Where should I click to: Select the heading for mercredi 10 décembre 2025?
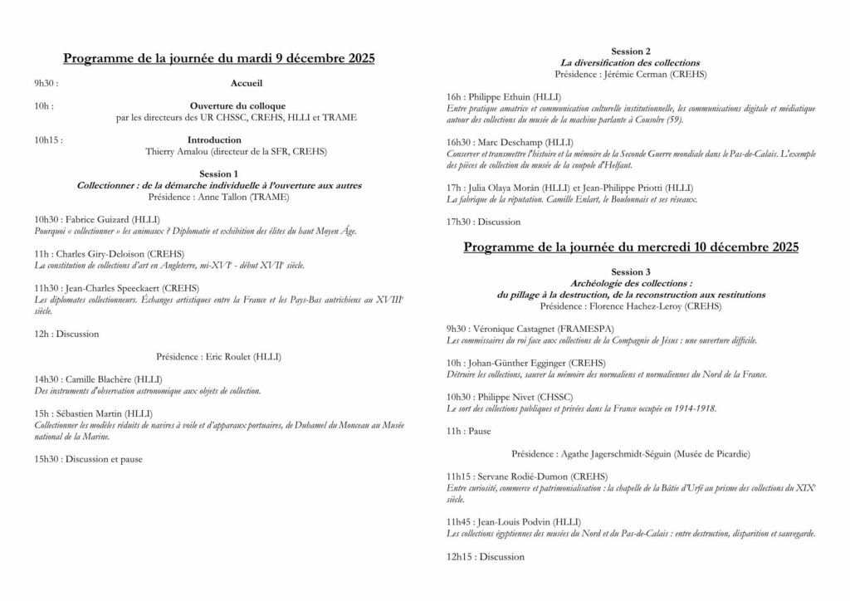point(631,247)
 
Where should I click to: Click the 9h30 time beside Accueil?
point(46,84)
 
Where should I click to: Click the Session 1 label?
point(219,174)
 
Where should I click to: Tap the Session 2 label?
point(631,51)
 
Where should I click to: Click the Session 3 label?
point(631,271)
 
